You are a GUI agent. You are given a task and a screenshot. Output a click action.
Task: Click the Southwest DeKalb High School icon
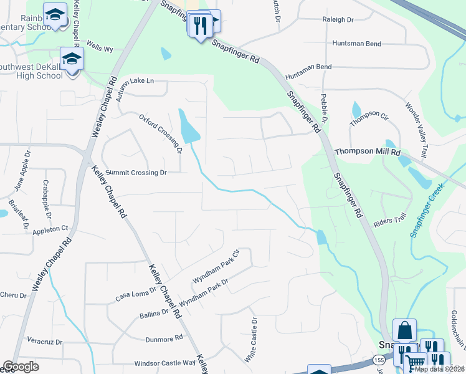click(72, 59)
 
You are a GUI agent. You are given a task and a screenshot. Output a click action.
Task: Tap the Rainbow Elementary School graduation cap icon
click(55, 14)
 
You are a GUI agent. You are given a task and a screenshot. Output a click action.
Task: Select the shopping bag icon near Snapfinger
click(404, 329)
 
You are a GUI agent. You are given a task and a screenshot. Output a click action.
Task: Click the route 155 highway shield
click(379, 360)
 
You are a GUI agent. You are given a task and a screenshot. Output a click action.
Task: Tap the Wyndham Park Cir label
click(216, 267)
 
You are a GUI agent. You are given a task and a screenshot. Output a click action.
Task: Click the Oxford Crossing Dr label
click(160, 133)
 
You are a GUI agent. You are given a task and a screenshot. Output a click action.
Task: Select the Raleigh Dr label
click(338, 20)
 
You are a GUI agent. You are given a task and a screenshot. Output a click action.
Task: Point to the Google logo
click(21, 367)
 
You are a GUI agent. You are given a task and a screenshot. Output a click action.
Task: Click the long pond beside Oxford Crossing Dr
click(188, 127)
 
